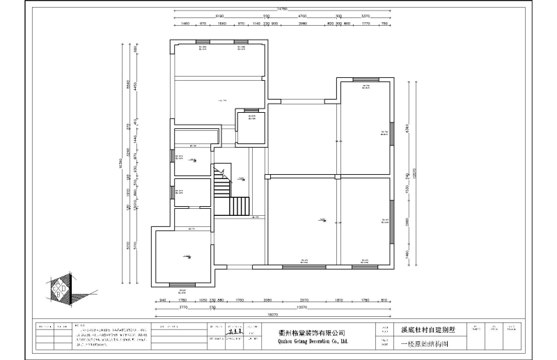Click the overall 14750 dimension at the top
282,8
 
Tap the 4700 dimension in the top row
303,15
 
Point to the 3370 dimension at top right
366,15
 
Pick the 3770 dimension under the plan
184,306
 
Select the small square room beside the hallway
249,125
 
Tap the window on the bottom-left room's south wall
182,283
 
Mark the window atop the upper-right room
365,80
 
